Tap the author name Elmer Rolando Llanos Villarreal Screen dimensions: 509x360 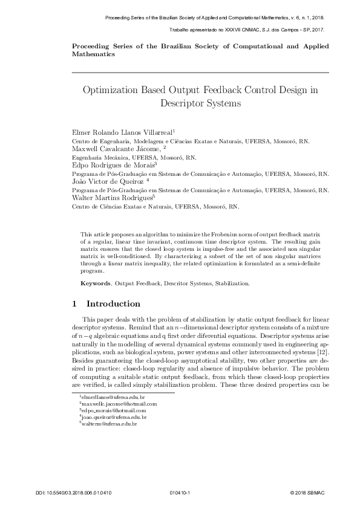[x=123, y=131]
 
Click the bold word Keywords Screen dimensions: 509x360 [x=96, y=283]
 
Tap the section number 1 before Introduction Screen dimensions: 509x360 [x=74, y=303]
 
